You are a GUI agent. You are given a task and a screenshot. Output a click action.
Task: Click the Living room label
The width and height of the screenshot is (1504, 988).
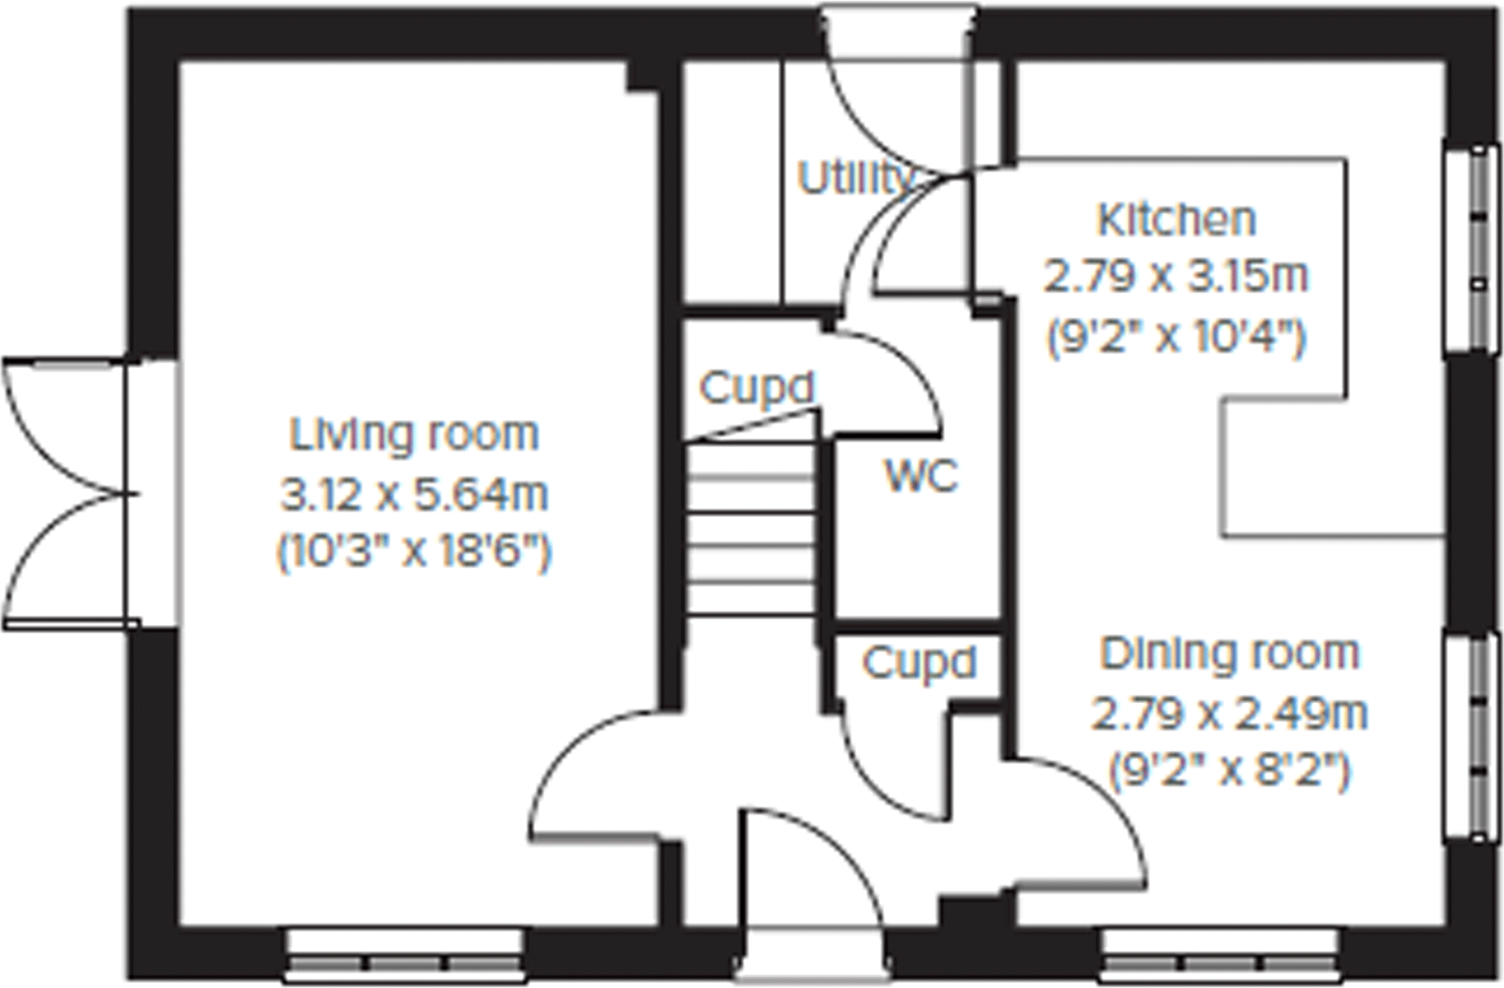414,434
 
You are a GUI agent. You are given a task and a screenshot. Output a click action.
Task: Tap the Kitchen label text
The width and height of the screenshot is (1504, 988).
1176,220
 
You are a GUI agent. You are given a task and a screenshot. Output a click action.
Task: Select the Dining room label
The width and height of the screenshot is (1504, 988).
1229,654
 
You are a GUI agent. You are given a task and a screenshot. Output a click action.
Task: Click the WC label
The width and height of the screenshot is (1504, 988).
921,476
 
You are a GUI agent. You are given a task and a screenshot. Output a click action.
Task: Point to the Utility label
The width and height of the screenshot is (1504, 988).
854,179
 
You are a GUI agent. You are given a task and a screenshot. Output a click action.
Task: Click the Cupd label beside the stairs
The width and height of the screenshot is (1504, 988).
756,389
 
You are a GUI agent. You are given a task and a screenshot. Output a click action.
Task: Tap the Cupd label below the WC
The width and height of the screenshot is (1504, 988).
918,663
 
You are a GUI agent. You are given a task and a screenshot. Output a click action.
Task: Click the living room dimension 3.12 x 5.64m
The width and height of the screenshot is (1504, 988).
414,495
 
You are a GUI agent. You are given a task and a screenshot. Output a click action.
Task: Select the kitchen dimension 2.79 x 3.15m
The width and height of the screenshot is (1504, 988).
1176,277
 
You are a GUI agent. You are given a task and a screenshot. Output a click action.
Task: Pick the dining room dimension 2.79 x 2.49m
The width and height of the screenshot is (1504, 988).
1229,713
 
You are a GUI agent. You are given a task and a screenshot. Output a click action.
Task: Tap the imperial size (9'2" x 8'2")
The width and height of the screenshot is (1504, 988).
1229,772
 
